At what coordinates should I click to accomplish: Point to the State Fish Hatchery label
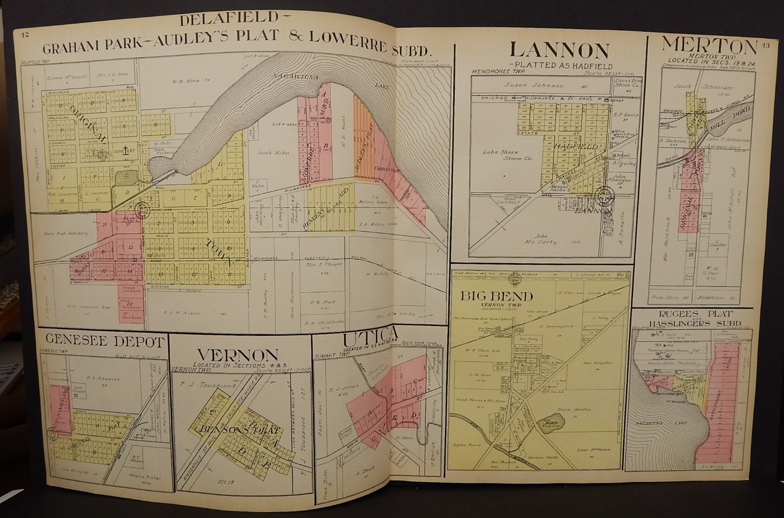(x=65, y=233)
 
